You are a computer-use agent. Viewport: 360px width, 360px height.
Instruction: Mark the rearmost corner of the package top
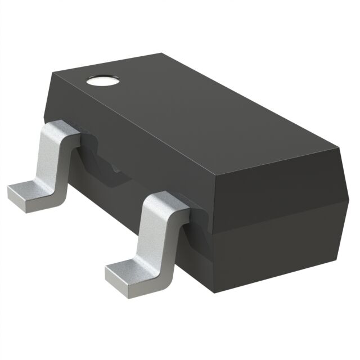(x=164, y=54)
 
